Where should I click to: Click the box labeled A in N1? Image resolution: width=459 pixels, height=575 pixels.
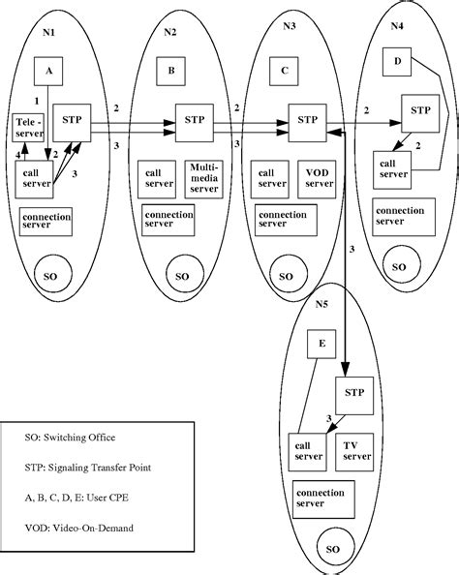[48, 71]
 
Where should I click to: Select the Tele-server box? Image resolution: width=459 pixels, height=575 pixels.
[28, 127]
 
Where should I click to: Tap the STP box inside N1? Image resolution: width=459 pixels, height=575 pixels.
[73, 121]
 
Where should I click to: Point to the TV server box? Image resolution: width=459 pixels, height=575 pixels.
[357, 450]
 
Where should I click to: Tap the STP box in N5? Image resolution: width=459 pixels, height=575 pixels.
[353, 393]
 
